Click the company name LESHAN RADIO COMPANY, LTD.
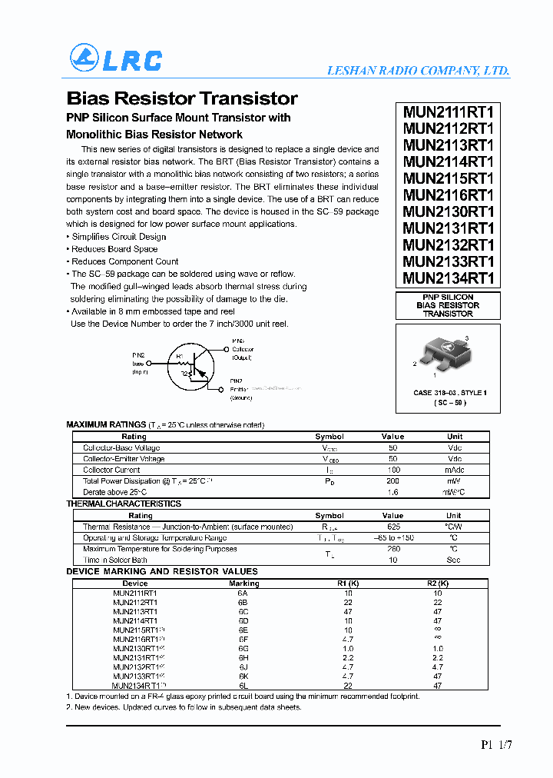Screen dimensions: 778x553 [418, 71]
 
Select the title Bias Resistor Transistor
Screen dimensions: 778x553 [182, 98]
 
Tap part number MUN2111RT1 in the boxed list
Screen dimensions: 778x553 [449, 111]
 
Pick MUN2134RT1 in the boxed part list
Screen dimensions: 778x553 [449, 278]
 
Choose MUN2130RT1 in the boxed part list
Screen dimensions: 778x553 [449, 211]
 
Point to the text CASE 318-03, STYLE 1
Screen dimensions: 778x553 [450, 393]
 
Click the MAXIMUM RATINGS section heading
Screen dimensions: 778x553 [106, 425]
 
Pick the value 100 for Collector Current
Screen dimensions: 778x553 [392, 470]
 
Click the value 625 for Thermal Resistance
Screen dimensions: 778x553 [392, 527]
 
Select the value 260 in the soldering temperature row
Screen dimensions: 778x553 [392, 549]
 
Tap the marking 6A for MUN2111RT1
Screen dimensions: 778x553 [243, 593]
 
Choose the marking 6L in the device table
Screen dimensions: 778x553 [243, 685]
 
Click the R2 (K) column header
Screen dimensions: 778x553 [438, 583]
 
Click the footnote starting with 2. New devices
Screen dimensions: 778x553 [184, 707]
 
